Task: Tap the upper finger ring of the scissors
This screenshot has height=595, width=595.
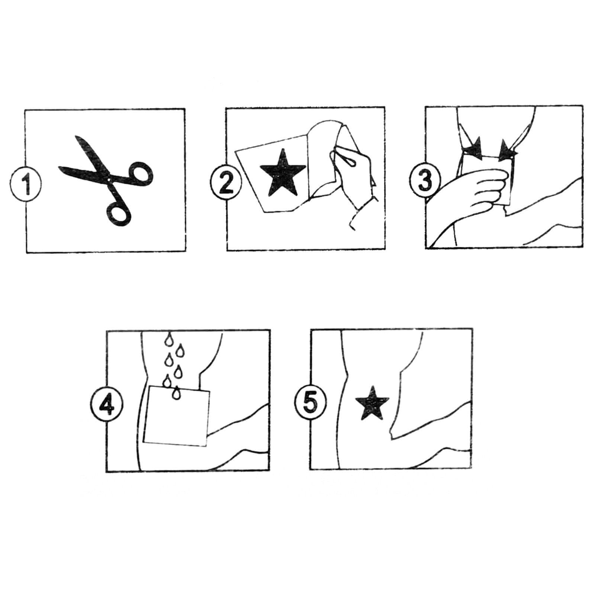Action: coord(139,173)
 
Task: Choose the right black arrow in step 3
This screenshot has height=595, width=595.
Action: coord(507,151)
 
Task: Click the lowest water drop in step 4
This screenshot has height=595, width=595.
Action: coord(175,393)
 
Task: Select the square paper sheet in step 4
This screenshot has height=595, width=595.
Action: coord(176,416)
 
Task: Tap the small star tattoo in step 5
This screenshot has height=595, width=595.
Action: coord(372,403)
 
